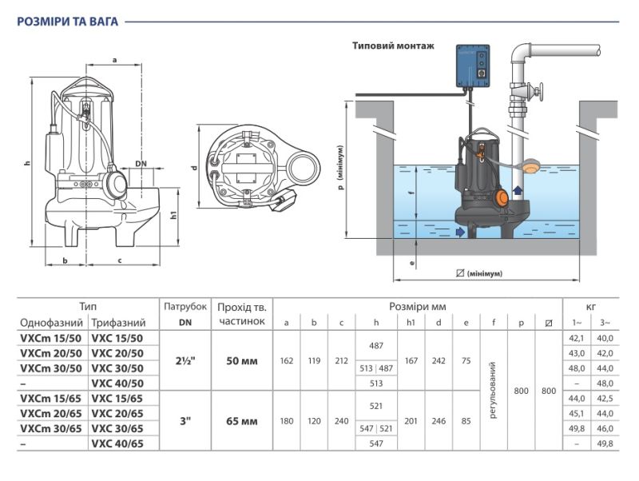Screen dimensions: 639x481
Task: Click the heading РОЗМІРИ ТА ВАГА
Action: tap(67, 22)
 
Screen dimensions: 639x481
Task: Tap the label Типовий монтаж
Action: tap(393, 46)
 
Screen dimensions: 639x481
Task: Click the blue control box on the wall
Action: tap(473, 66)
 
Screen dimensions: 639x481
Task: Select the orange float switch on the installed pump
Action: tap(501, 198)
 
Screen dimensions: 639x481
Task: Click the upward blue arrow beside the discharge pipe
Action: tap(517, 191)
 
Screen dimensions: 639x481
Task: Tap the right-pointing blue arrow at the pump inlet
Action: tap(460, 232)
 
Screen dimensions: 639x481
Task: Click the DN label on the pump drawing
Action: tap(141, 164)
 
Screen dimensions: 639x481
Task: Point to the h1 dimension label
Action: tap(173, 215)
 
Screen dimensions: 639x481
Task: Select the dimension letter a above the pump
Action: tap(114, 61)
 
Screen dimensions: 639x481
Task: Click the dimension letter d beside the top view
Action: tap(194, 167)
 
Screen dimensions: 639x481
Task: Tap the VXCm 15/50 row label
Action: tap(51, 338)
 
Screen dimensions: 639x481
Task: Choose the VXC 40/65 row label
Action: tap(117, 443)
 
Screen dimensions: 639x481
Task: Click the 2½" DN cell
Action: tap(185, 361)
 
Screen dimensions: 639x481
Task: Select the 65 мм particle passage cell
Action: tap(242, 421)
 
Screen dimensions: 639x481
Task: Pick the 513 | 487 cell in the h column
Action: tap(376, 368)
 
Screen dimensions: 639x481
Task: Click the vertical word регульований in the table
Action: tap(493, 390)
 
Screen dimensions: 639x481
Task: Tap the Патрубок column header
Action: tap(185, 307)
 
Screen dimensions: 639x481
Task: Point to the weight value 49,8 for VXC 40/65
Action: tap(605, 443)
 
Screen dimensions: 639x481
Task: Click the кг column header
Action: tap(591, 307)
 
